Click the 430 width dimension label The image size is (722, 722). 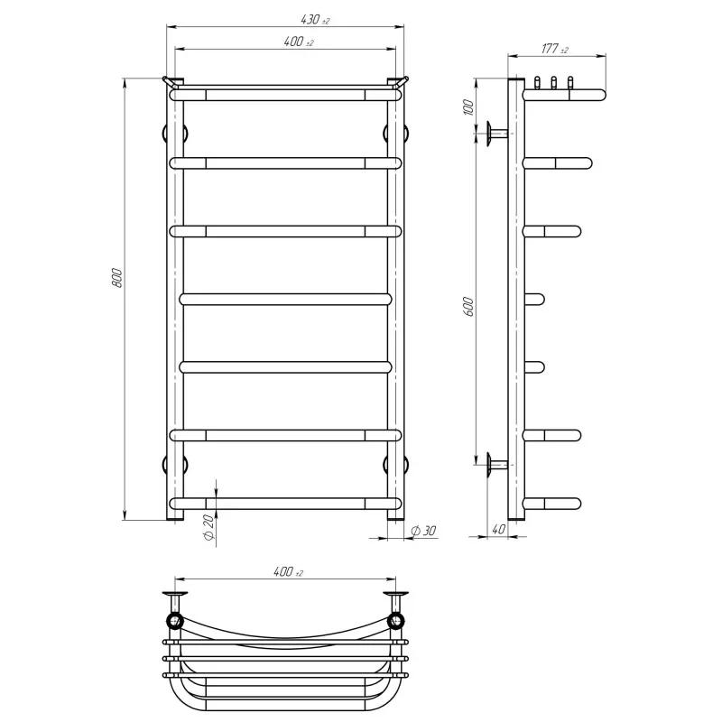(315, 20)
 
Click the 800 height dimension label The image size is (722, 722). (117, 278)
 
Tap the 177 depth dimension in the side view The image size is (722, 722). (554, 49)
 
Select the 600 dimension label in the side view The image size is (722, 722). (467, 306)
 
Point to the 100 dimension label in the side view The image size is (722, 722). (467, 106)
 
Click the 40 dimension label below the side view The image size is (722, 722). (498, 530)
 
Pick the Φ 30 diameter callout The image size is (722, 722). (422, 531)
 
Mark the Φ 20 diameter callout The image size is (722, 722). (208, 527)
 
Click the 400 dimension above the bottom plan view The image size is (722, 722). (288, 572)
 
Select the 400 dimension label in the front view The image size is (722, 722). (299, 42)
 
